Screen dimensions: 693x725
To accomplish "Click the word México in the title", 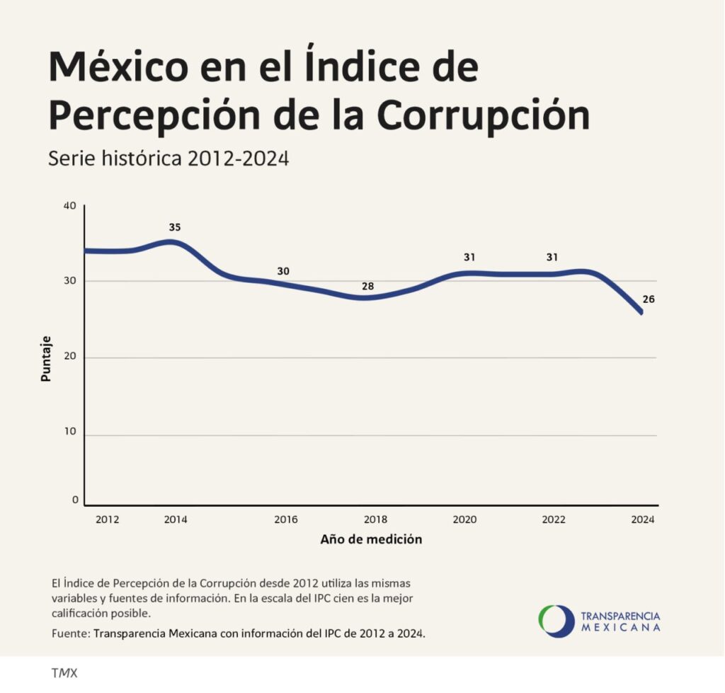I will click(x=119, y=69).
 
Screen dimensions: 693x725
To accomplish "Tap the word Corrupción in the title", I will click(x=483, y=115).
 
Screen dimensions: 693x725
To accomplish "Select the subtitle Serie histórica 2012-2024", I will click(x=169, y=158).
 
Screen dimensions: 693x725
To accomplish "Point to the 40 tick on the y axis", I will click(x=70, y=206).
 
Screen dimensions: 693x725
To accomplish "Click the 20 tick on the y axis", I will click(x=70, y=358).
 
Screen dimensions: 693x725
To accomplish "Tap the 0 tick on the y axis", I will click(x=74, y=500).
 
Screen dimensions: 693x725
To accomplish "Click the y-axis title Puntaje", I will click(x=46, y=359).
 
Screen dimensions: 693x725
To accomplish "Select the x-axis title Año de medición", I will click(x=371, y=539).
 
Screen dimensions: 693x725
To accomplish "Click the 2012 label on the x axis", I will click(x=107, y=520).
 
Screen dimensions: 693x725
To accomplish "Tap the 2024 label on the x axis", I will click(x=642, y=520).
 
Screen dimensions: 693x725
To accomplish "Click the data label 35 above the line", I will click(x=175, y=228).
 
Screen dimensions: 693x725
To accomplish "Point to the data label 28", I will click(x=367, y=287).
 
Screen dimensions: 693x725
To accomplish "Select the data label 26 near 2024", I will click(x=648, y=299).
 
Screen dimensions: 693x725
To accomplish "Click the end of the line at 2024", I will click(x=641, y=312).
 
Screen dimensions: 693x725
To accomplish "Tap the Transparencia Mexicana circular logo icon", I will click(x=556, y=621).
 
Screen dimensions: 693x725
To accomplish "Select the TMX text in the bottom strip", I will click(x=64, y=673).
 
